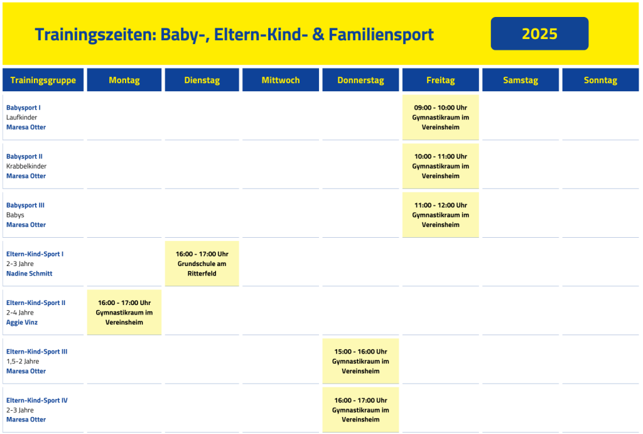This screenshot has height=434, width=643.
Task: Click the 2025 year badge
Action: click(x=539, y=34)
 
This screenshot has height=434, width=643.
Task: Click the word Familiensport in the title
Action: click(x=381, y=35)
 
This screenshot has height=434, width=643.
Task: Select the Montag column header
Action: click(x=124, y=80)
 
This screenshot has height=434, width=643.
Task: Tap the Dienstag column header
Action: click(x=202, y=80)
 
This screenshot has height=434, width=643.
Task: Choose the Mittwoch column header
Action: click(x=281, y=80)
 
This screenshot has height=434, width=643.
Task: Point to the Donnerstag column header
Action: click(x=360, y=80)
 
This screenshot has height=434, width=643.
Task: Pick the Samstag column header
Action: click(x=521, y=80)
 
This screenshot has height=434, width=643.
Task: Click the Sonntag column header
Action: click(x=600, y=80)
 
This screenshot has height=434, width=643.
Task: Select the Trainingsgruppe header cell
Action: click(x=43, y=80)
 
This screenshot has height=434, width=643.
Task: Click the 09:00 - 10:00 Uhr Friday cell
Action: click(x=440, y=118)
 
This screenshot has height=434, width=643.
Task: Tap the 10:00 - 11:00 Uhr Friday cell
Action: click(x=440, y=166)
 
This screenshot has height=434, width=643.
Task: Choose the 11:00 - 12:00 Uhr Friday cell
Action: click(x=440, y=214)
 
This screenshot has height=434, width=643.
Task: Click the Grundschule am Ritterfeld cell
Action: click(x=202, y=264)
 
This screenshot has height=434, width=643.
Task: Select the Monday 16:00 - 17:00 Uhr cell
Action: click(x=124, y=313)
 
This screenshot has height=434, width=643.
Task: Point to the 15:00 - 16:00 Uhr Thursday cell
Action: click(x=360, y=361)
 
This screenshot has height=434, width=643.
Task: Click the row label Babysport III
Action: click(x=25, y=205)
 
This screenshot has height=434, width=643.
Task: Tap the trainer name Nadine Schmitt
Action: click(x=29, y=274)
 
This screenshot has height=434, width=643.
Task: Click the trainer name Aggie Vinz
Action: click(x=22, y=322)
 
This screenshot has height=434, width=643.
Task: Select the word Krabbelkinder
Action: click(x=26, y=166)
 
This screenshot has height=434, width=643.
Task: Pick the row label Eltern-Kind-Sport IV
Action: click(x=37, y=400)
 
